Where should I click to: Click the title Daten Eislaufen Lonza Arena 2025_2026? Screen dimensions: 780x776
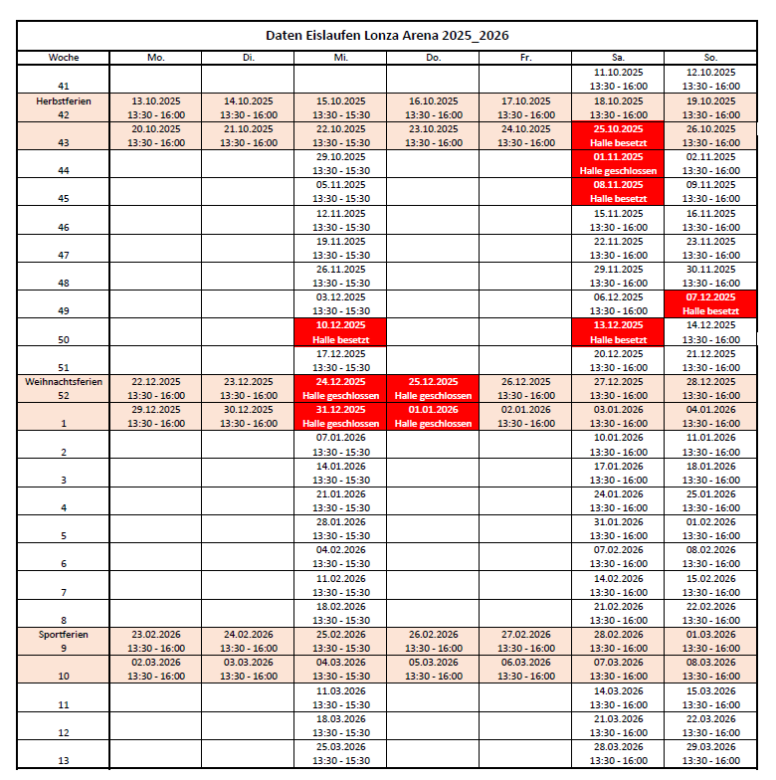(387, 35)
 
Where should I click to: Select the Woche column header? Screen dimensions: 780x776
(64, 58)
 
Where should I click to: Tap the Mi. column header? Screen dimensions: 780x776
(340, 58)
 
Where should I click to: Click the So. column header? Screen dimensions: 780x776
(709, 58)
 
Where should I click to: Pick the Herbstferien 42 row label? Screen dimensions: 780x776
(64, 107)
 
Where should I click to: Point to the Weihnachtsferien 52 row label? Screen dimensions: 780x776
(64, 388)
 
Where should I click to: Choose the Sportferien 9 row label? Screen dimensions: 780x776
(64, 641)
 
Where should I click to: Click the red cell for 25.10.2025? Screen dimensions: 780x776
(618, 136)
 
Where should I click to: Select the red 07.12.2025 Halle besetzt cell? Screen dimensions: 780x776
(709, 304)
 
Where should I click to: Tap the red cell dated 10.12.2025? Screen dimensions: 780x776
(340, 332)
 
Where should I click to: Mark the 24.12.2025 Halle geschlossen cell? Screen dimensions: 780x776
(340, 388)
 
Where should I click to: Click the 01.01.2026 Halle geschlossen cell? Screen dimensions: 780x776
(433, 416)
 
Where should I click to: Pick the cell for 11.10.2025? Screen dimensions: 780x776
(618, 80)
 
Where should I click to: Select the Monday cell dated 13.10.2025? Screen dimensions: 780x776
(155, 107)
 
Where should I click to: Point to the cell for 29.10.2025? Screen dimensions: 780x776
(340, 164)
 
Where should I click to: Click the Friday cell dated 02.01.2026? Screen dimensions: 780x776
(525, 416)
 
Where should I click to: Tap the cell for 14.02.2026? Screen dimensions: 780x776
(618, 585)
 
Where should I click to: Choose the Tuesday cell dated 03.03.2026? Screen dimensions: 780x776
(248, 669)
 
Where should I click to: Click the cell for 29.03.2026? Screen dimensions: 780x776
(709, 753)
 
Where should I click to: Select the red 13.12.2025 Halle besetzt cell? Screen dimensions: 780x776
(618, 332)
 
